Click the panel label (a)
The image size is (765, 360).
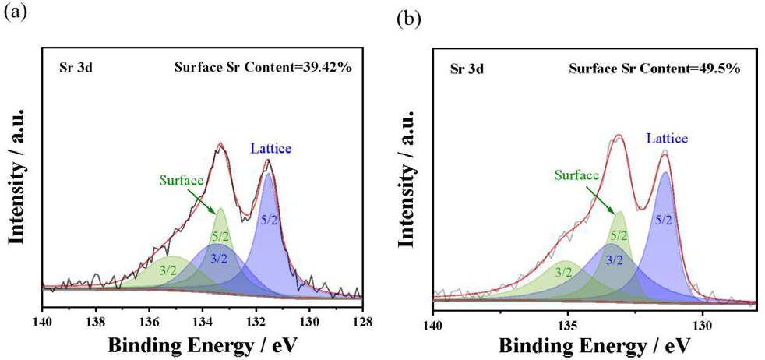(x=14, y=13)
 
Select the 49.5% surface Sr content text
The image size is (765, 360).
(x=654, y=68)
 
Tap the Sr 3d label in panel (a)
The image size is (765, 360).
(x=76, y=67)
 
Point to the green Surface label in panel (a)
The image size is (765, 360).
(x=182, y=181)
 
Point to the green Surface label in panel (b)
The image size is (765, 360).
(x=577, y=176)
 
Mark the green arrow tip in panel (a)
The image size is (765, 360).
(x=217, y=213)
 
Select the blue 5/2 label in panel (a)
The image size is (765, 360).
(x=269, y=221)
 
